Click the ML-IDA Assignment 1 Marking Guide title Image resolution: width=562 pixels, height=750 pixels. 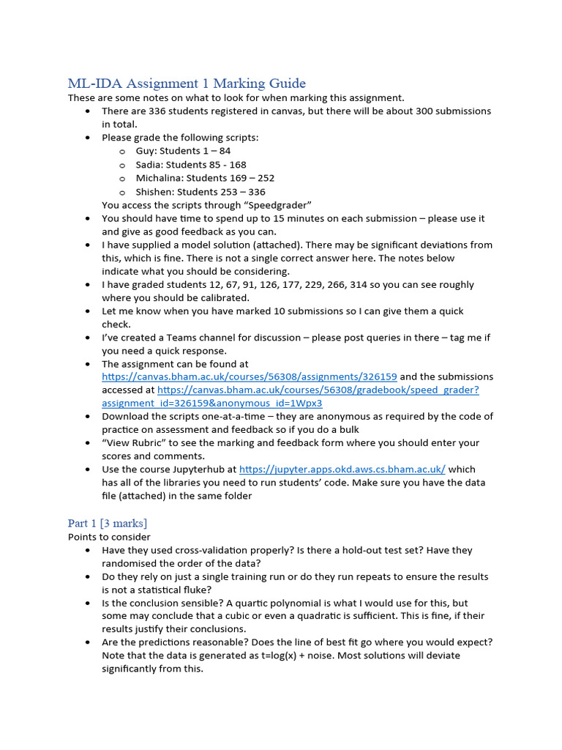[187, 83]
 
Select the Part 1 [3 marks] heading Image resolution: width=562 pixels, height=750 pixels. [107, 523]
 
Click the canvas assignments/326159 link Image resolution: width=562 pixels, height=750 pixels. [250, 376]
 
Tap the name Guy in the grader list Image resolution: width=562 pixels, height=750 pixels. [146, 151]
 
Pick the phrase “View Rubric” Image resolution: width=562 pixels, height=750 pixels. [132, 443]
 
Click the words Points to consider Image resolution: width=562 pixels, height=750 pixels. [109, 537]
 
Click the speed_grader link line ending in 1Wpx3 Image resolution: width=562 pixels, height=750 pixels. [212, 403]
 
